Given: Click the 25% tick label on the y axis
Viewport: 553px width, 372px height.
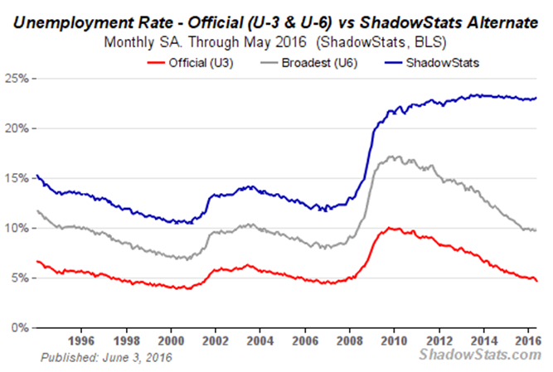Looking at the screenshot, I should pyautogui.click(x=18, y=79).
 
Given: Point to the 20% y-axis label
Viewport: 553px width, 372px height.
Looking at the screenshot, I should pyautogui.click(x=18, y=128).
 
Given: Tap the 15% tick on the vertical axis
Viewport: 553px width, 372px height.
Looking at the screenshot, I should pyautogui.click(x=18, y=178).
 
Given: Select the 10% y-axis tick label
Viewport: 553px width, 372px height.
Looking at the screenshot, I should pyautogui.click(x=18, y=228).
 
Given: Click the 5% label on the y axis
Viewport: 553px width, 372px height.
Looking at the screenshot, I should pyautogui.click(x=21, y=278).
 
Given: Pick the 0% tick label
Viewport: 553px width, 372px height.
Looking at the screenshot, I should pyautogui.click(x=21, y=327).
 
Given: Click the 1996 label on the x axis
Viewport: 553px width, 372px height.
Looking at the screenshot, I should pyautogui.click(x=80, y=340).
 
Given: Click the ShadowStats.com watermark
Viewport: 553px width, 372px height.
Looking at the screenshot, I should pyautogui.click(x=481, y=355).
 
